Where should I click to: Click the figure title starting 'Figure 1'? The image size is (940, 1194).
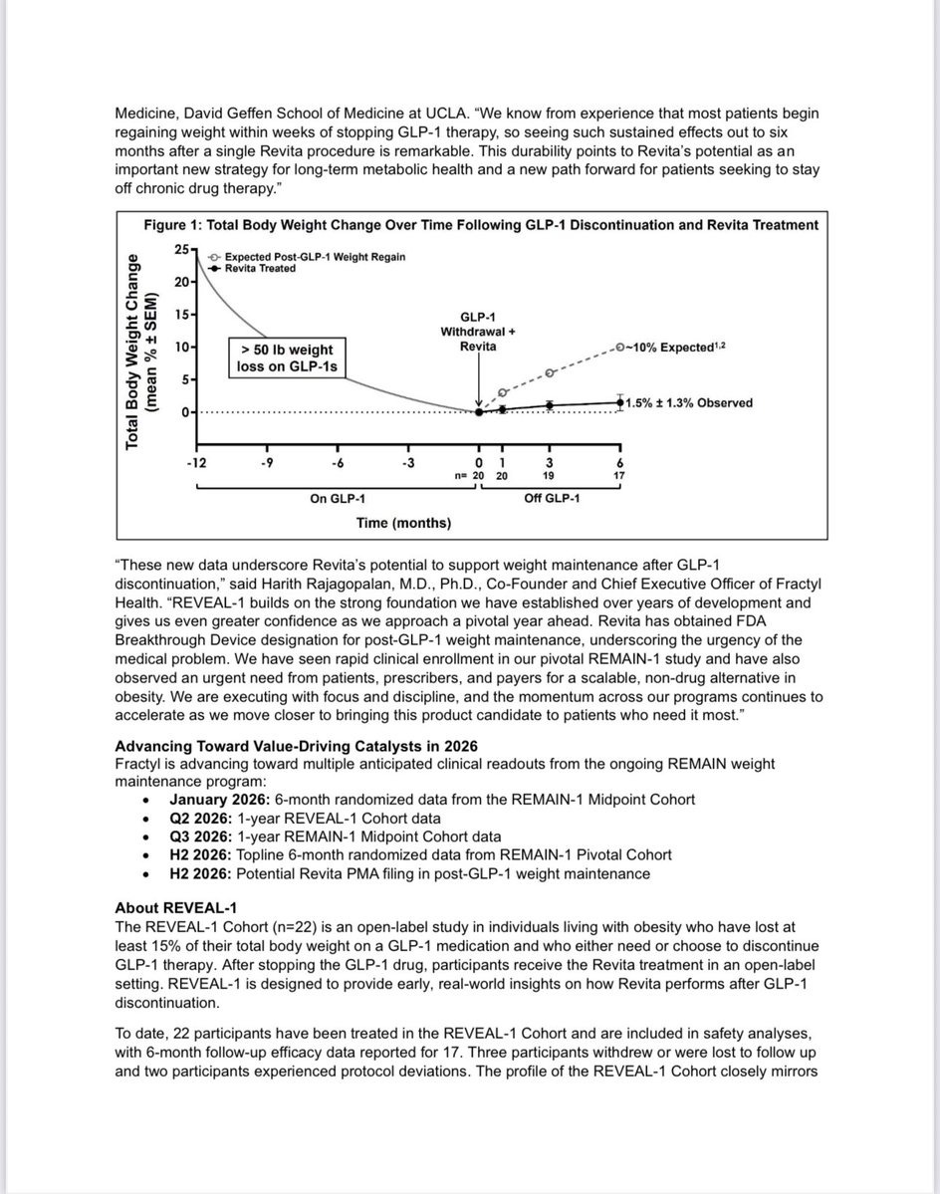tap(481, 225)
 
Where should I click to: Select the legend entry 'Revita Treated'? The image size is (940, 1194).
tap(260, 269)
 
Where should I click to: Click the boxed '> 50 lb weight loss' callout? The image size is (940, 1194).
tap(289, 358)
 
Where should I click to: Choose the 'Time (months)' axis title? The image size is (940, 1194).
tap(402, 522)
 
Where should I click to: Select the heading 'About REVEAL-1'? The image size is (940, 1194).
tap(168, 909)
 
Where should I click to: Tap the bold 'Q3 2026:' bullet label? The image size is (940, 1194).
tap(199, 836)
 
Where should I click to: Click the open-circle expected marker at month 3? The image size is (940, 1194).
tap(550, 373)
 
